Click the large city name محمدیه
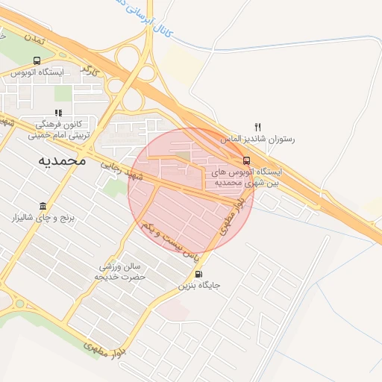60,160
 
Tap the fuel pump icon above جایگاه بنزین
197,273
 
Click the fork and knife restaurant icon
258,127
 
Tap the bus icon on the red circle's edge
246,160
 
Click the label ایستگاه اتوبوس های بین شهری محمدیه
246,176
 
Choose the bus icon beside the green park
37,60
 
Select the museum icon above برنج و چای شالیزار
43,205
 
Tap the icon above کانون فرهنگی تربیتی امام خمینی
58,113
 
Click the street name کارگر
90,72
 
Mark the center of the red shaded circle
191,191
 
